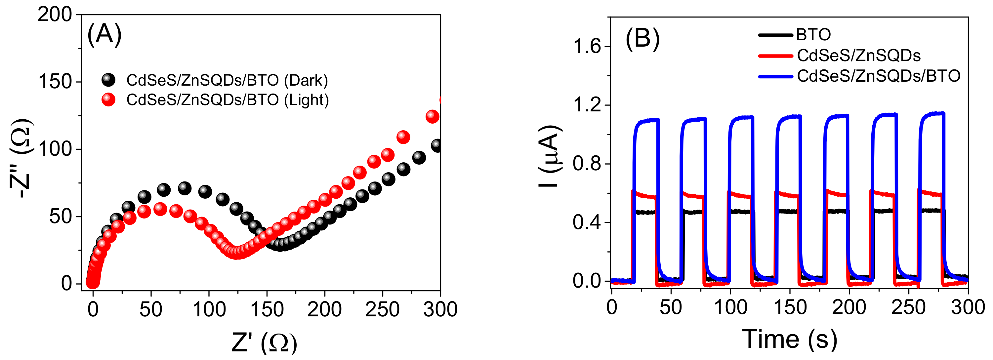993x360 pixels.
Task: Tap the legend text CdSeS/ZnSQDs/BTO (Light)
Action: pyautogui.click(x=228, y=100)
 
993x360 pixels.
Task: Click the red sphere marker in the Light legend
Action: pyautogui.click(x=108, y=100)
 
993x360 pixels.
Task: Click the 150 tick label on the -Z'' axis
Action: pyautogui.click(x=55, y=82)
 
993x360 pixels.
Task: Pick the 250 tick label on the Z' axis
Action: pyautogui.click(x=382, y=309)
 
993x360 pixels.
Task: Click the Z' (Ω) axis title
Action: pyautogui.click(x=265, y=342)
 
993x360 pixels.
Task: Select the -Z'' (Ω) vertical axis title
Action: pyautogui.click(x=21, y=158)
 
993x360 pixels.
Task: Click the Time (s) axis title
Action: pyautogui.click(x=789, y=339)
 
